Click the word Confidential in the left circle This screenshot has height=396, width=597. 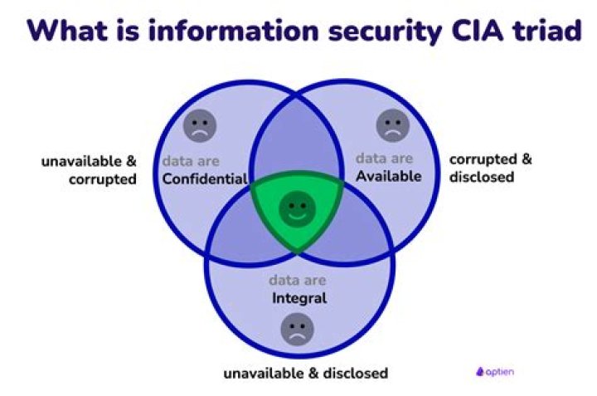205,178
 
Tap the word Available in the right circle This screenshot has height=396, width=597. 389,176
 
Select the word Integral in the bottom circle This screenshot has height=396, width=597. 298,297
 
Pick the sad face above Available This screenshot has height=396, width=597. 392,125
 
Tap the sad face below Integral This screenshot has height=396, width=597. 297,330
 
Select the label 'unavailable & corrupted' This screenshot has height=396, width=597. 89,169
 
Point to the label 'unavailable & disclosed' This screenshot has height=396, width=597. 305,373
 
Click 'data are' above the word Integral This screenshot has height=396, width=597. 298,280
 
